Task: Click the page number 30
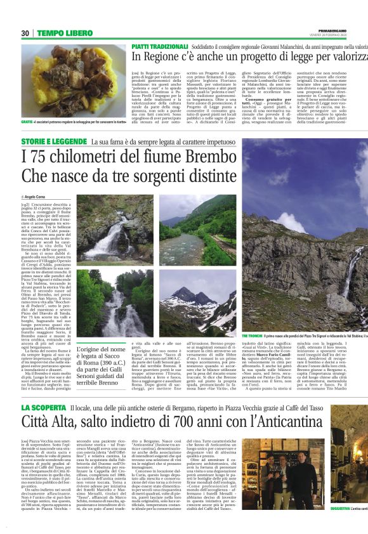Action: (25, 33)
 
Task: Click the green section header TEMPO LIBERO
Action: (64, 33)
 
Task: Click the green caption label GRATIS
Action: (27, 121)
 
